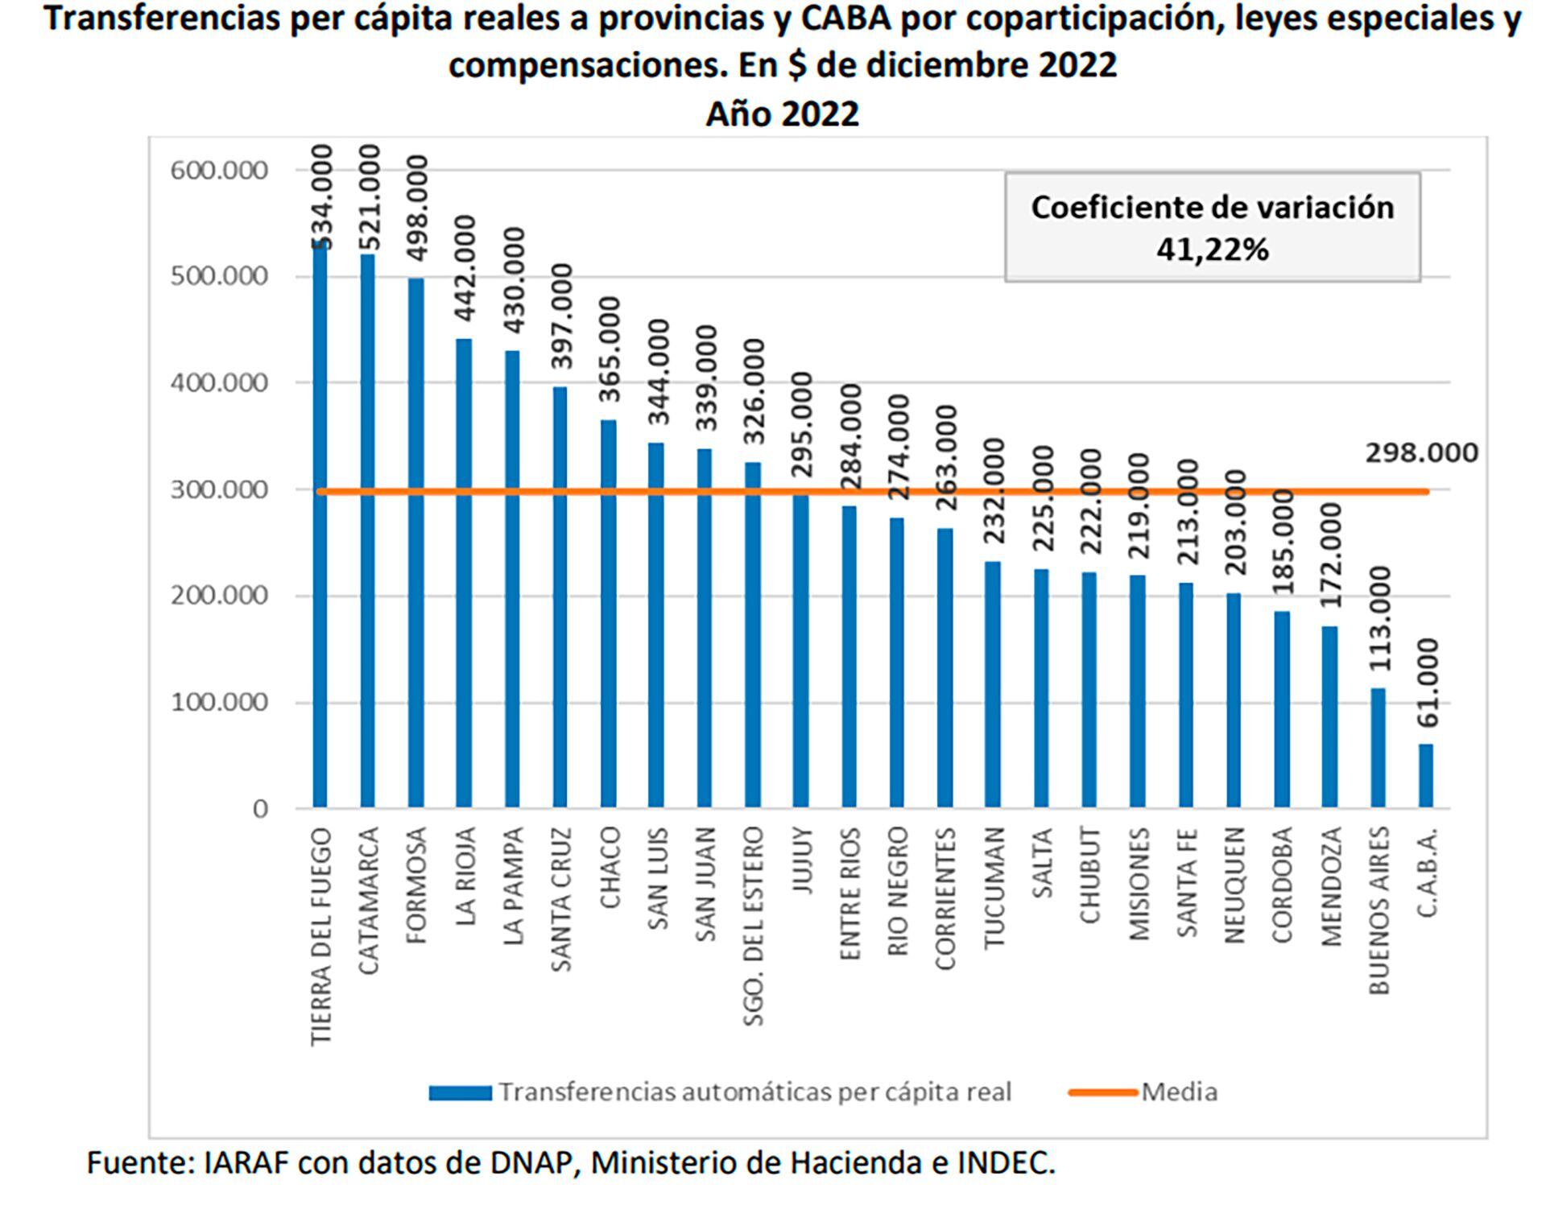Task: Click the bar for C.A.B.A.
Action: click(1425, 775)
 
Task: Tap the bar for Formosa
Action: click(415, 543)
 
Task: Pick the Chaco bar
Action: click(608, 613)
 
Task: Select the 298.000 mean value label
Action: click(1421, 453)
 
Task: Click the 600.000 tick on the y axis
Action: click(218, 171)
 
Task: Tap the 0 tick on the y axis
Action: click(259, 809)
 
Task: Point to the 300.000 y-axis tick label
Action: click(218, 489)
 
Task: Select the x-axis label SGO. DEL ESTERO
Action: click(753, 926)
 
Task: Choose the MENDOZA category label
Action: click(1330, 886)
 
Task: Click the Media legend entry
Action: click(1179, 1092)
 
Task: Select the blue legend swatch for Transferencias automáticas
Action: click(460, 1093)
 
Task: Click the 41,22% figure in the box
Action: click(1212, 250)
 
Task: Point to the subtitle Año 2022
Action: click(782, 114)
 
